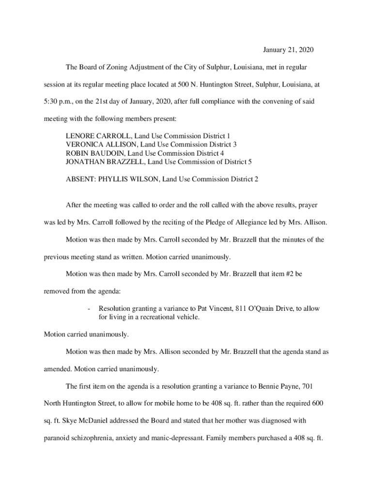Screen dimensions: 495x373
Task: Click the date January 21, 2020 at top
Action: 285,50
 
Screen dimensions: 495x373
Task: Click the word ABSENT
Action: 80,179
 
